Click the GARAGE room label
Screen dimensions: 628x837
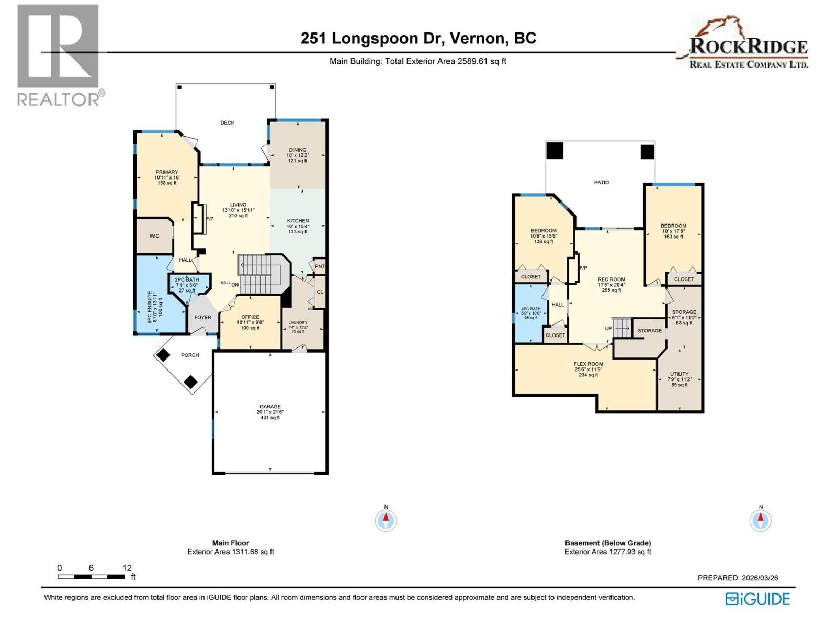270,407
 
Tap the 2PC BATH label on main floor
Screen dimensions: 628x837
187,280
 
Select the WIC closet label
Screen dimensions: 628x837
154,236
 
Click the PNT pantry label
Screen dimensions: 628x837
320,266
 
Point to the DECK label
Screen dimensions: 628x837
227,123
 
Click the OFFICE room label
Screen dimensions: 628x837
250,317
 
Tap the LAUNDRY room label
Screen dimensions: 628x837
298,323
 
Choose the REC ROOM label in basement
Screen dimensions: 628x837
611,279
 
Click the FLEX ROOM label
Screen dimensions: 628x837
588,364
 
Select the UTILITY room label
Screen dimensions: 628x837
679,374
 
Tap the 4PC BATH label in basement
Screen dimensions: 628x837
531,309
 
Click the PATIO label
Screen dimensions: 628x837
601,183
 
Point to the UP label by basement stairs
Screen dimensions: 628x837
608,329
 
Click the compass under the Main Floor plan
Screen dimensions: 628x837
386,521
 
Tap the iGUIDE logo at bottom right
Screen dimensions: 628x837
757,599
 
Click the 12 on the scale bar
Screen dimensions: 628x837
127,568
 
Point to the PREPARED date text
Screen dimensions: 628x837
738,578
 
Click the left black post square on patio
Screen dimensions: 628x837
555,151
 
